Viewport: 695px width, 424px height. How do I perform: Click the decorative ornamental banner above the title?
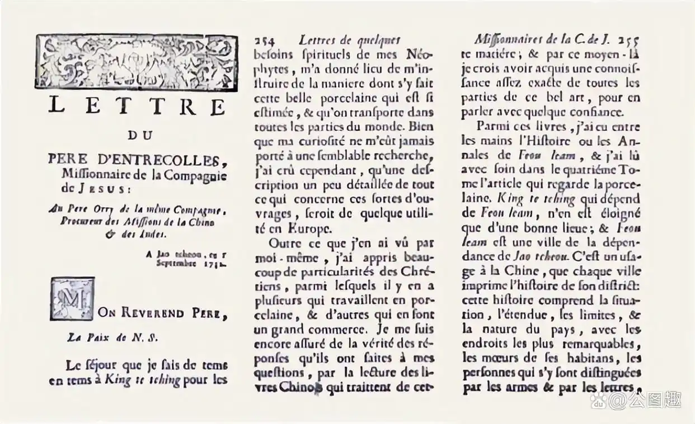(x=135, y=63)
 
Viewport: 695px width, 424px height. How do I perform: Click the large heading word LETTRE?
(x=137, y=106)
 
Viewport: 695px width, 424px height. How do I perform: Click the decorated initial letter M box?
(x=71, y=299)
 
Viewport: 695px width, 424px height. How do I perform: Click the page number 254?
(x=266, y=41)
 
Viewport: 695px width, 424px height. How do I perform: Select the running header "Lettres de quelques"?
(x=349, y=41)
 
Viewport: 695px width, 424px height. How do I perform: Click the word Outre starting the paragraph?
(x=285, y=244)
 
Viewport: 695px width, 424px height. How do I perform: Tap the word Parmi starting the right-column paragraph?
(x=493, y=126)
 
